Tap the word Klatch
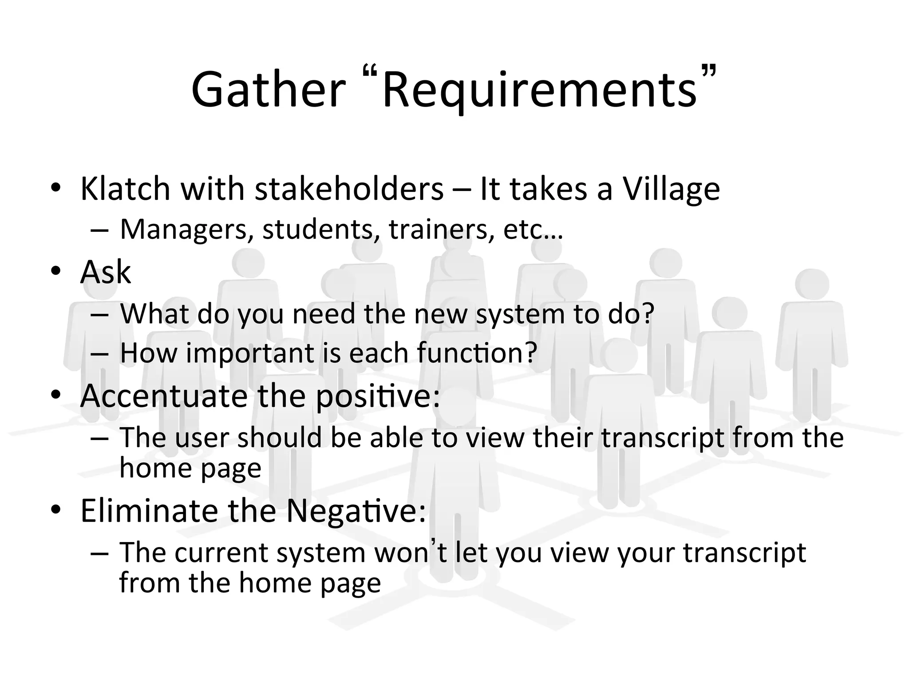125,189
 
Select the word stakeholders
349,189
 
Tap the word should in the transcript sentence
280,437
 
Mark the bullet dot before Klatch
55,188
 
